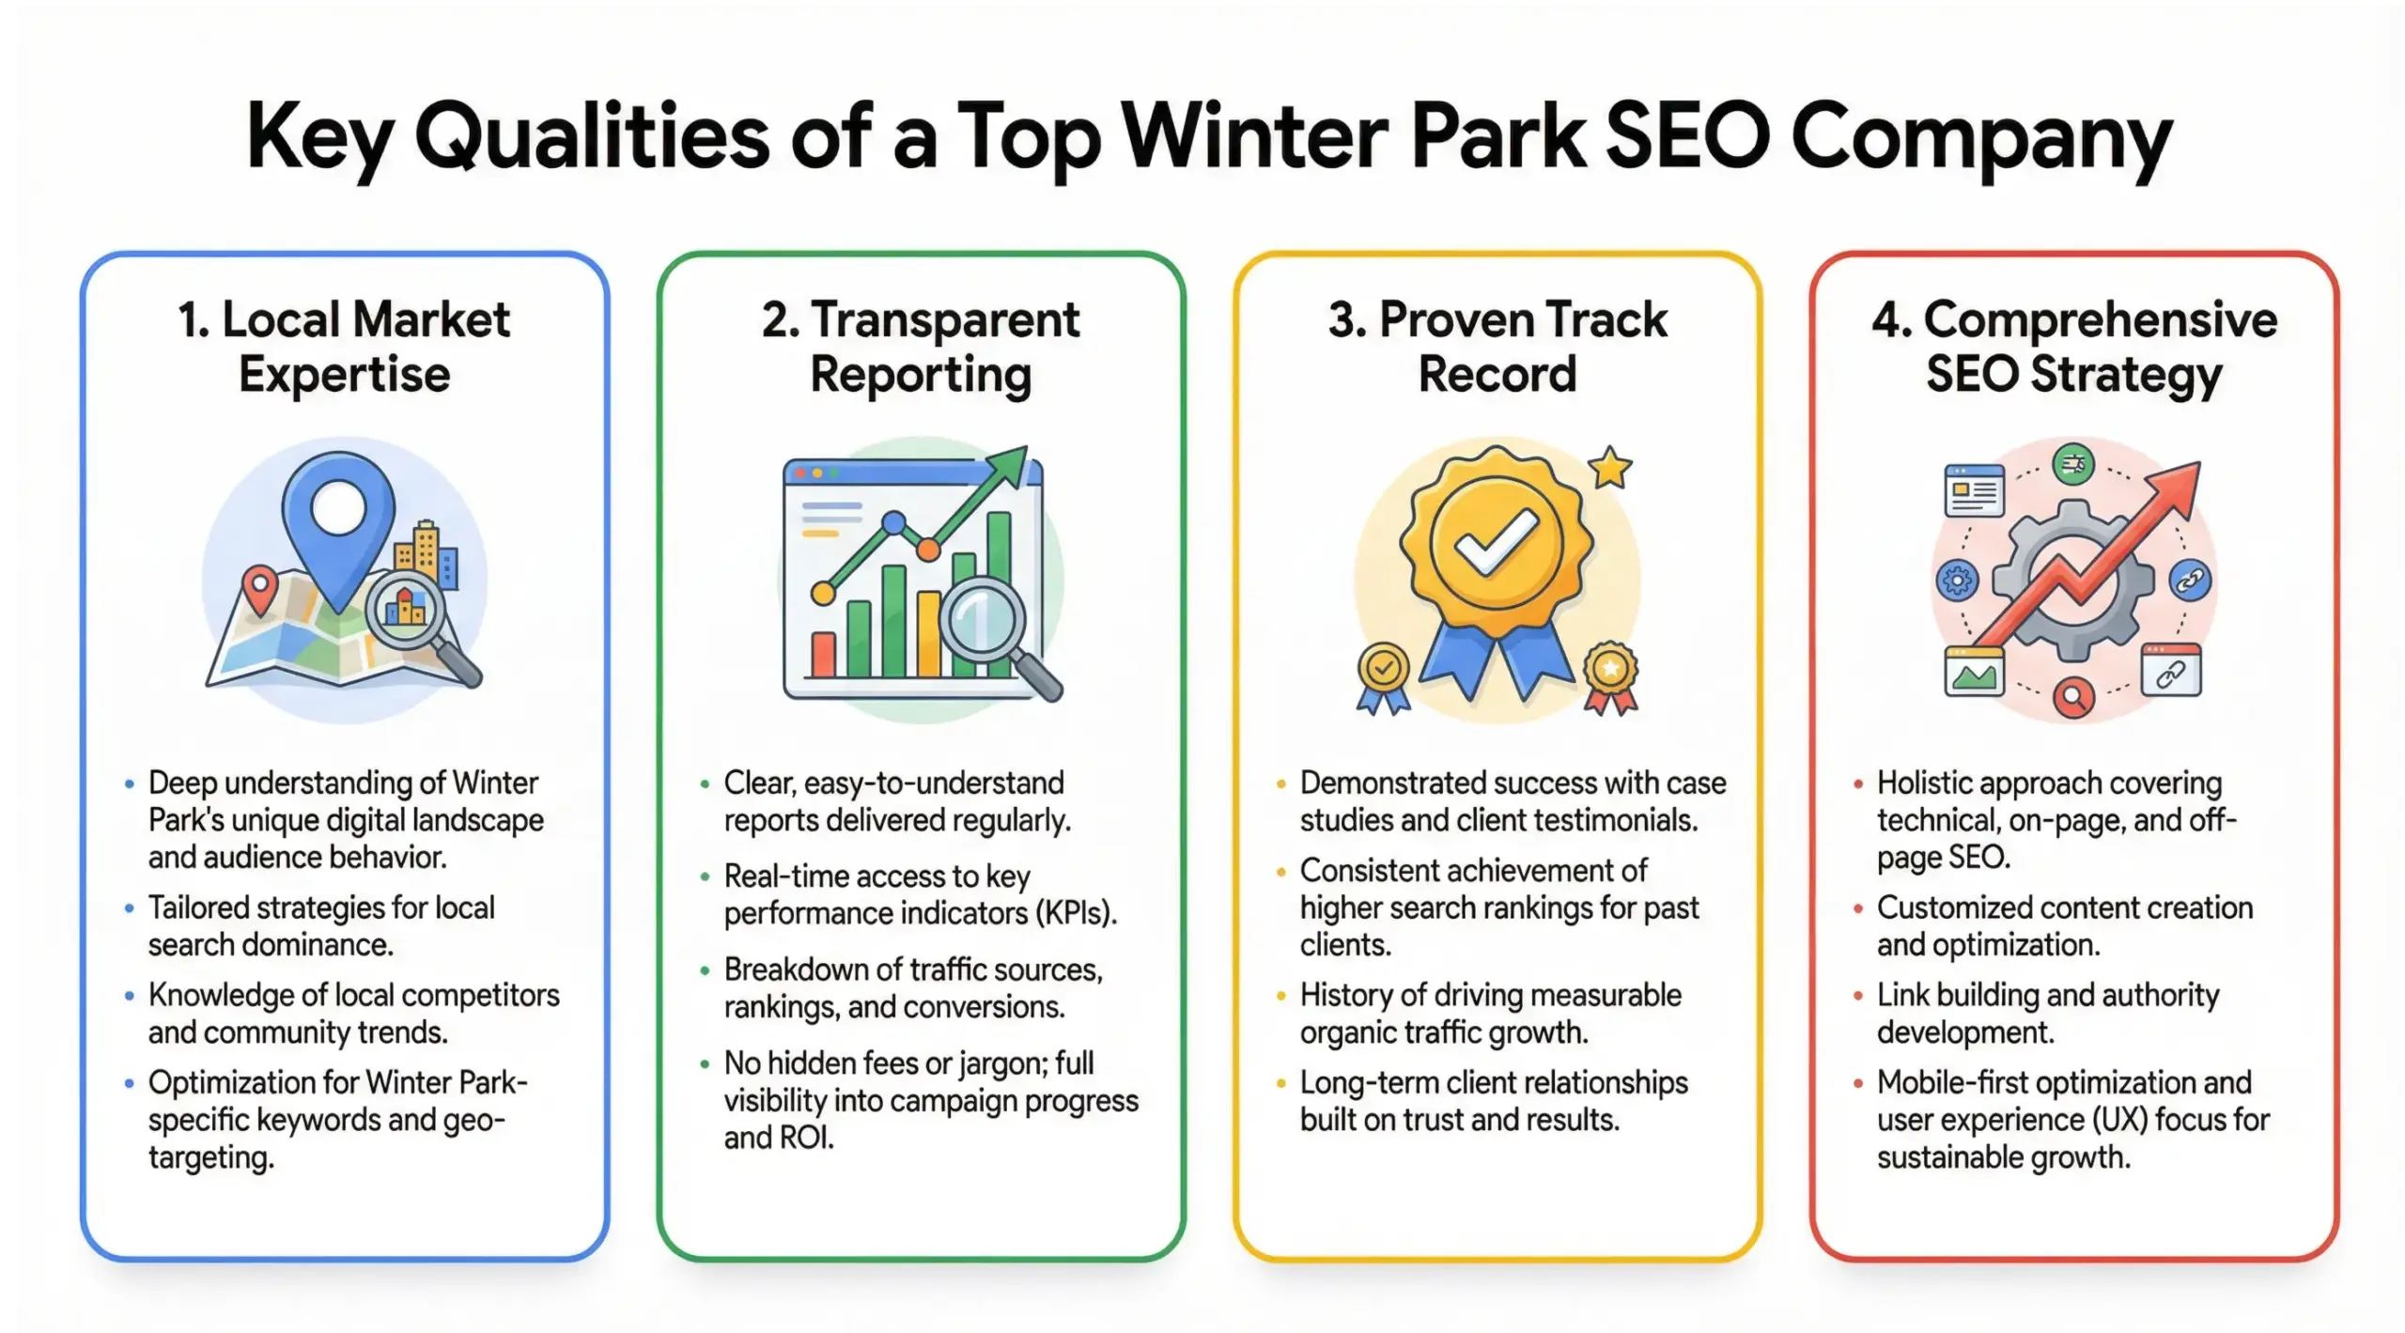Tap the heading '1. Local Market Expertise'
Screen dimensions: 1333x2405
pyautogui.click(x=344, y=347)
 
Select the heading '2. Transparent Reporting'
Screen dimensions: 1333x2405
pyautogui.click(x=921, y=347)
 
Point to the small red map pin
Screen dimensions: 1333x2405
pyautogui.click(x=259, y=588)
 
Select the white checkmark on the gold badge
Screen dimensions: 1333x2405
pyautogui.click(x=1496, y=543)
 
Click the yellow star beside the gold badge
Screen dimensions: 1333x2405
pyautogui.click(x=1610, y=467)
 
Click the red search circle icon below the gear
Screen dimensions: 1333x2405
pyautogui.click(x=2073, y=697)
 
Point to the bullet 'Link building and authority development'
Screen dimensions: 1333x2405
pyautogui.click(x=2048, y=1013)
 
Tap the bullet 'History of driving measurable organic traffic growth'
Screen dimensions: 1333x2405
pyautogui.click(x=1490, y=1013)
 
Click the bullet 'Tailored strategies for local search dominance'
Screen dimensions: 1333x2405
pyautogui.click(x=321, y=925)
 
